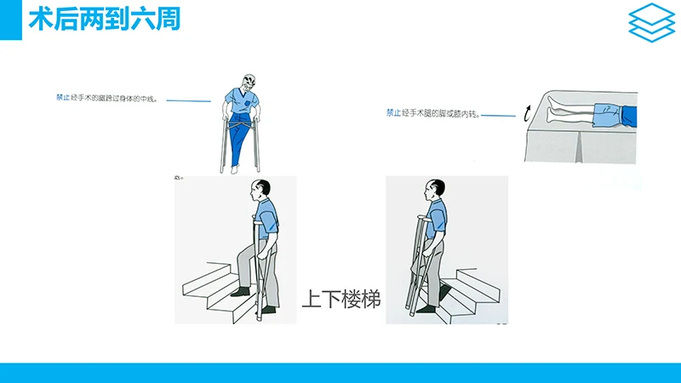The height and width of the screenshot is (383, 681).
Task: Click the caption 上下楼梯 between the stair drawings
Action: (340, 300)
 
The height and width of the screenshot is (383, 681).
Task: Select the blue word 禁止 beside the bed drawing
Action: (393, 111)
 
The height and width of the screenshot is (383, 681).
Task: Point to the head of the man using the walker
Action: (246, 82)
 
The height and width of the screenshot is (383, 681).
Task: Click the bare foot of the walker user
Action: (234, 170)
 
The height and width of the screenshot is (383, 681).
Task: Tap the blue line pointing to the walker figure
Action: (188, 100)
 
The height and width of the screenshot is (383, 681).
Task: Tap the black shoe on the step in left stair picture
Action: (241, 292)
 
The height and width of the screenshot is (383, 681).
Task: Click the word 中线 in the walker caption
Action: (148, 98)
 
